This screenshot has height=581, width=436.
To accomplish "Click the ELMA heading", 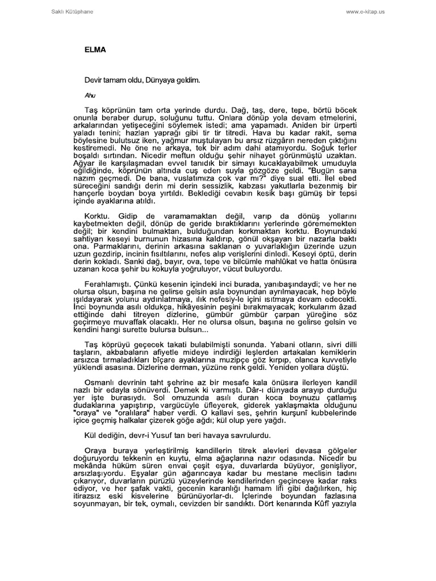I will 95,50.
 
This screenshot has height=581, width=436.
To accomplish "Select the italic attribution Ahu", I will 90,95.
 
